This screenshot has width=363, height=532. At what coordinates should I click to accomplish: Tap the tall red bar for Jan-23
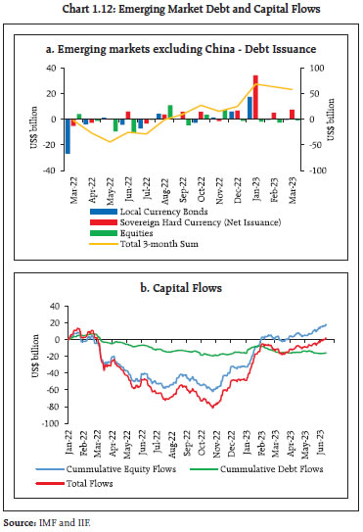[x=255, y=97]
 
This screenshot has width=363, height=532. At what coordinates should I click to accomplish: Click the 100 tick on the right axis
[x=312, y=69]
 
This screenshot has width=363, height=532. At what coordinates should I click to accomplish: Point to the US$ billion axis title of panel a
[x=36, y=120]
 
